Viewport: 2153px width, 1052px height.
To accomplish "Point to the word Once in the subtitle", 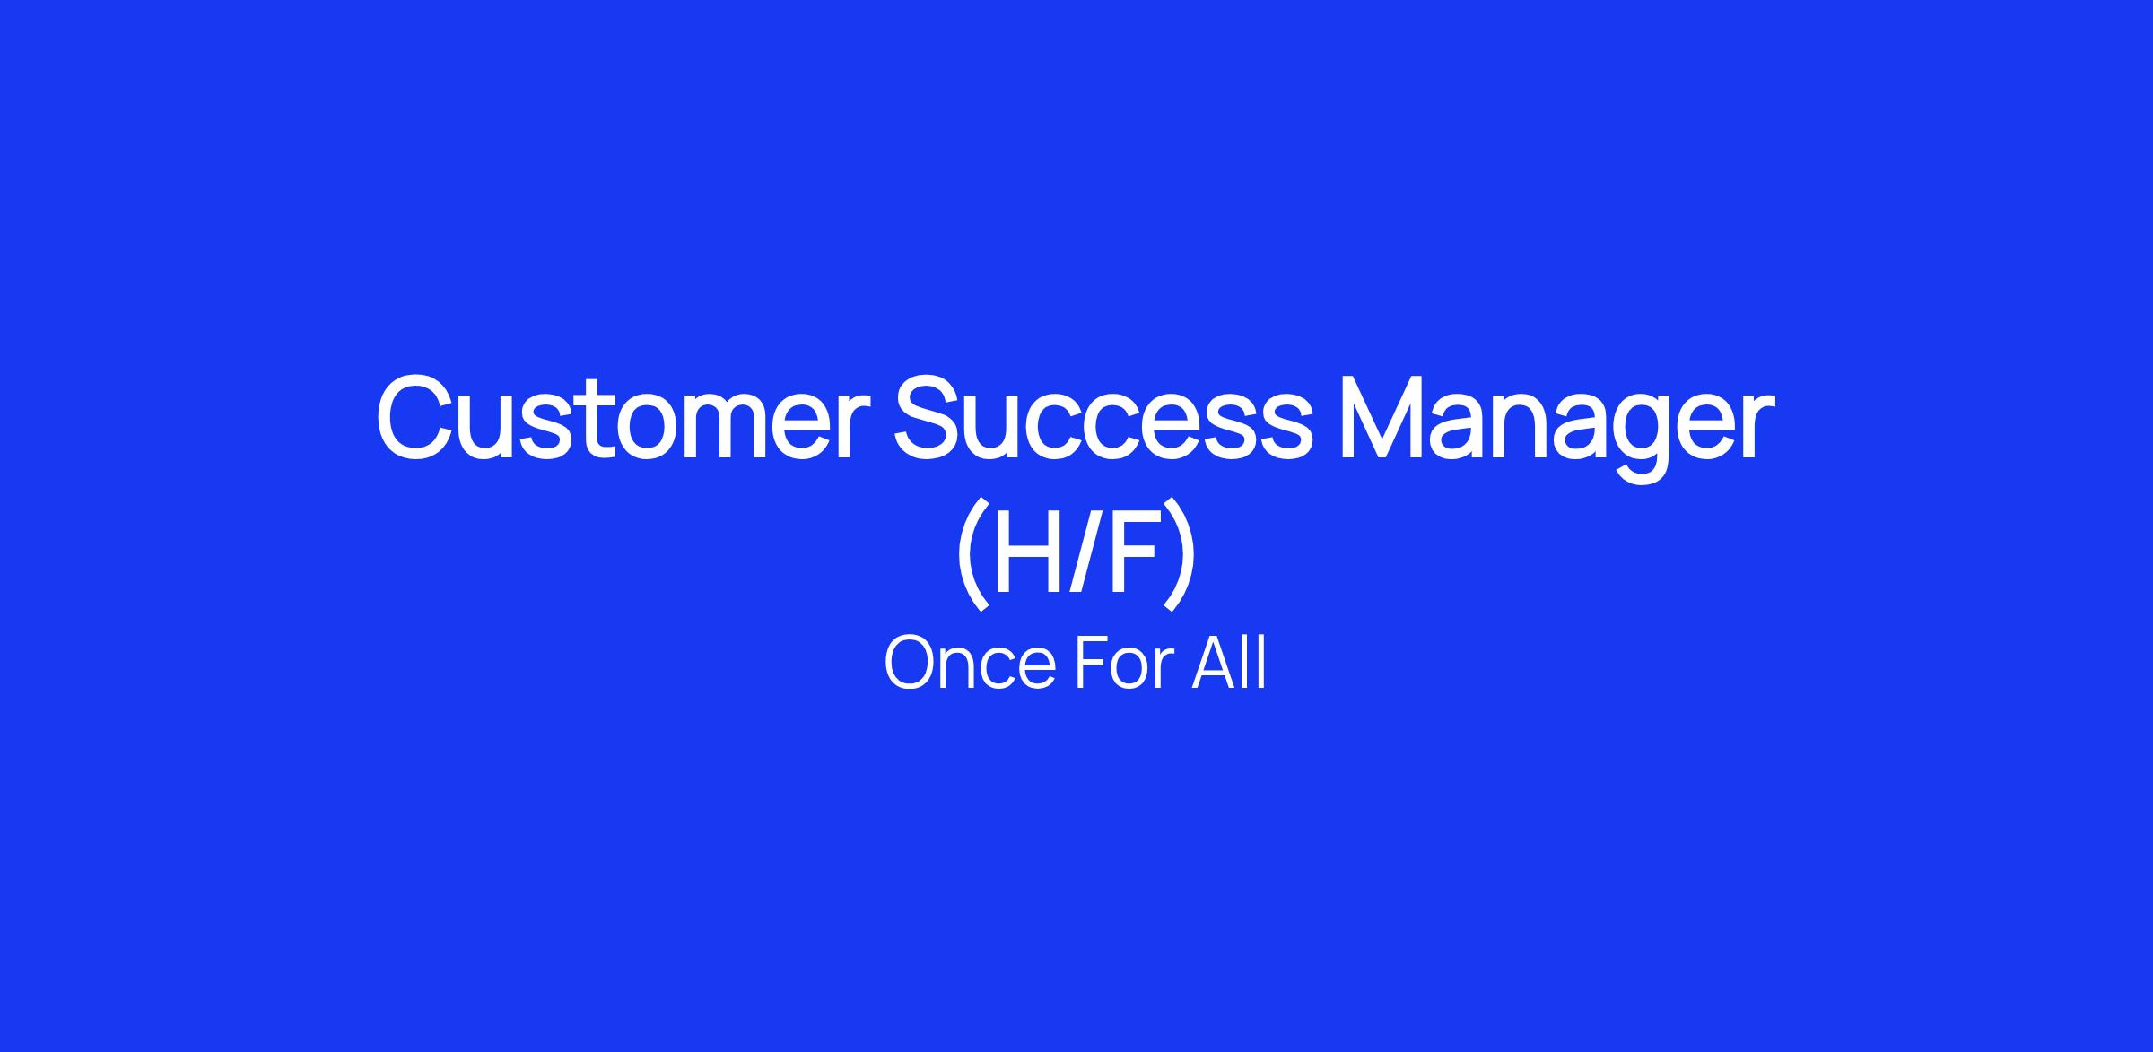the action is [x=969, y=663].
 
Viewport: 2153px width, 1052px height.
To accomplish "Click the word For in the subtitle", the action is [x=1123, y=663].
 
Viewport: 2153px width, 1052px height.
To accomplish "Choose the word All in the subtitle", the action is [x=1229, y=663].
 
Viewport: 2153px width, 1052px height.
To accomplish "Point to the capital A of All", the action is [x=1216, y=663].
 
